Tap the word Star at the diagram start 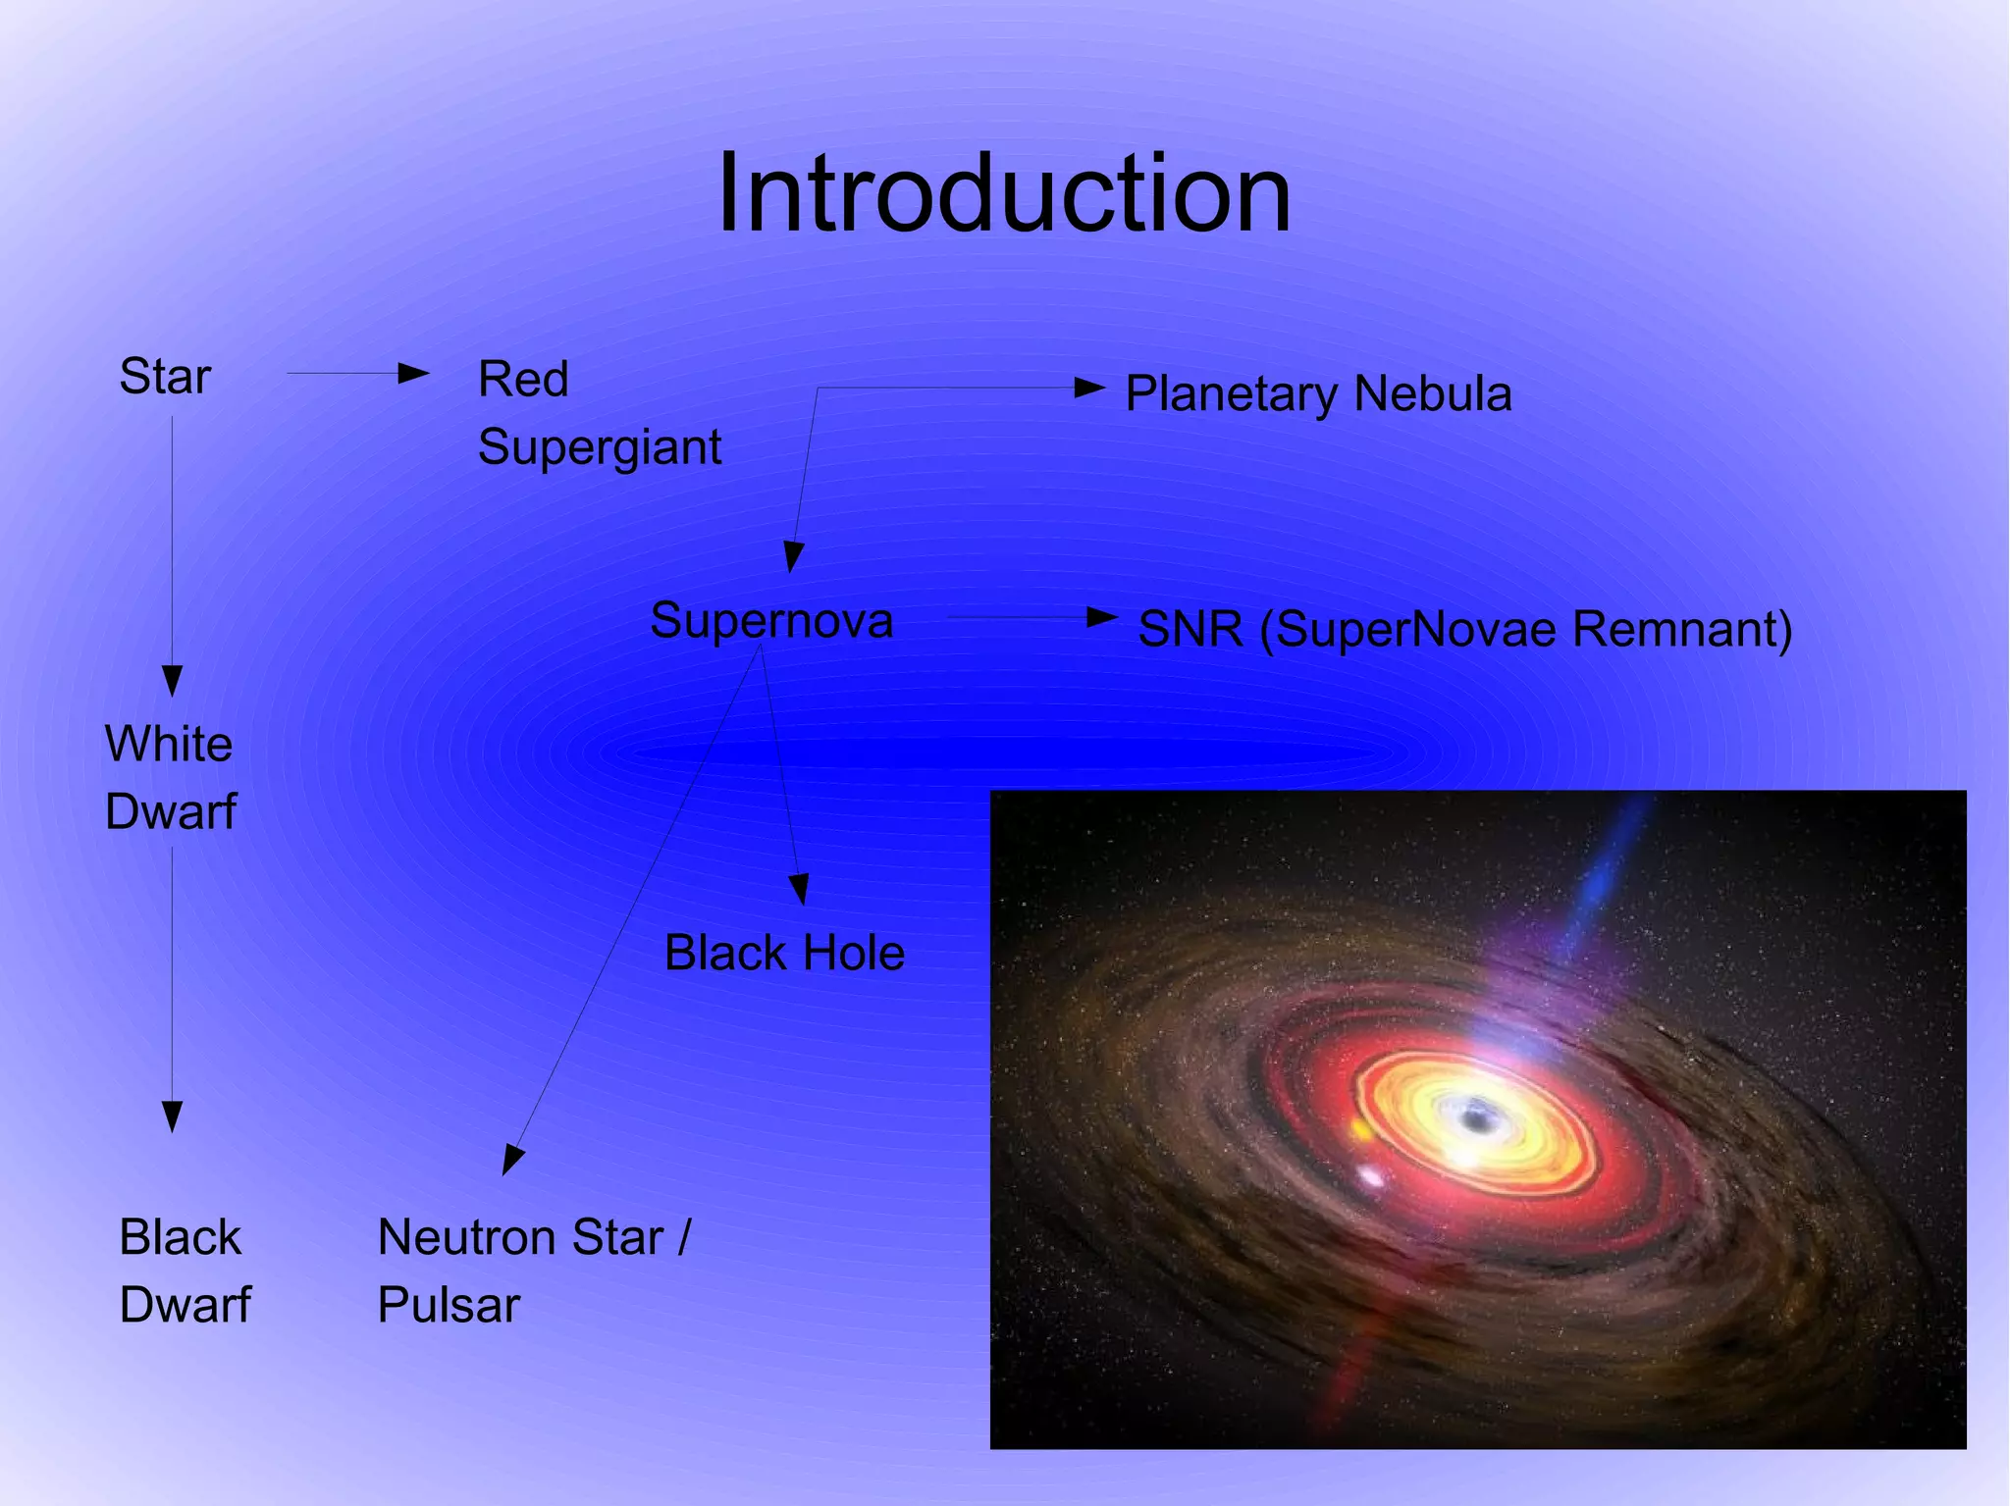(x=165, y=376)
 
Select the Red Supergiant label (x=599, y=413)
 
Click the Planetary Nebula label (x=1317, y=394)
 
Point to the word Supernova (x=771, y=620)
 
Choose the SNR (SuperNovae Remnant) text (x=1464, y=629)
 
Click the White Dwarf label (x=170, y=777)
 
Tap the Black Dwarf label (x=184, y=1271)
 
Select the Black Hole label (x=784, y=953)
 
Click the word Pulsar (x=449, y=1305)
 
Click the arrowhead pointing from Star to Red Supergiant (x=414, y=373)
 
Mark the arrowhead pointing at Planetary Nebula (x=1089, y=388)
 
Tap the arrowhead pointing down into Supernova (x=793, y=557)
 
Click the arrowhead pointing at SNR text (x=1102, y=617)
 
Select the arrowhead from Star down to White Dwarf (x=172, y=680)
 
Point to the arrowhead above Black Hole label (x=799, y=889)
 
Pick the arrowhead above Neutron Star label (x=512, y=1160)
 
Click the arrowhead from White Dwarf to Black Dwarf (x=172, y=1117)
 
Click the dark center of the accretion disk (x=1472, y=1117)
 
